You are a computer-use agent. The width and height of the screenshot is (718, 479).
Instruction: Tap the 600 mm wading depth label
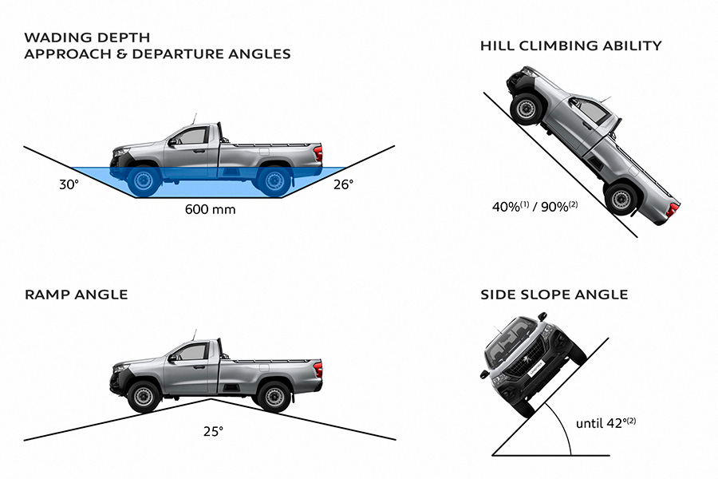point(211,210)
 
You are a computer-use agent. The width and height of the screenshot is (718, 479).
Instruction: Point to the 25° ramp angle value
point(212,431)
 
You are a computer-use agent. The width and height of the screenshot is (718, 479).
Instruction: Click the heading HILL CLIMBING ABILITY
point(570,46)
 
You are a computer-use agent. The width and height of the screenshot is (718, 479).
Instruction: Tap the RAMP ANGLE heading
point(76,295)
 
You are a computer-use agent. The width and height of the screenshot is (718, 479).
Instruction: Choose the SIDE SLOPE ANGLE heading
point(554,295)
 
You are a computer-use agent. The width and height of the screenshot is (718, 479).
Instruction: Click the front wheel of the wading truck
point(144,180)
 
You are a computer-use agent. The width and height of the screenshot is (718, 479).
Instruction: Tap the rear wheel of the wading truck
point(273,180)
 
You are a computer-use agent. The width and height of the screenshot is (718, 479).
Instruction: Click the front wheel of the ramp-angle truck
point(144,396)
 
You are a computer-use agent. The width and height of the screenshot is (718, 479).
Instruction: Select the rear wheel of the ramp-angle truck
point(273,396)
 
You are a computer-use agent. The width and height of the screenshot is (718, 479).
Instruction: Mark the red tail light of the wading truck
point(318,152)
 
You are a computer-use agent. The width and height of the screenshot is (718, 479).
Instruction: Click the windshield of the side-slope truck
point(511,339)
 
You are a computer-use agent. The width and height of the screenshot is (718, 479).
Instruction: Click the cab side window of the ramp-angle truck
point(191,351)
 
